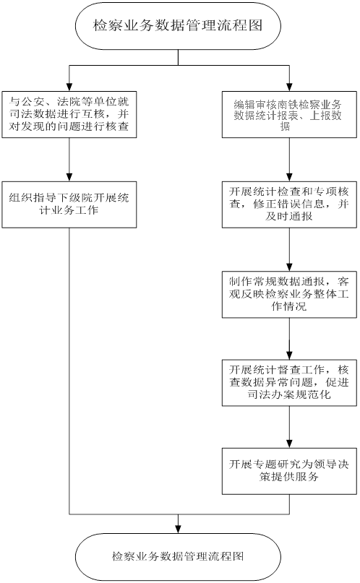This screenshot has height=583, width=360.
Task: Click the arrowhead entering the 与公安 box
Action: click(x=69, y=87)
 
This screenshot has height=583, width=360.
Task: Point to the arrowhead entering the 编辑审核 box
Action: click(x=289, y=87)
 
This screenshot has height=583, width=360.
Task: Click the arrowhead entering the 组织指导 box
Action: click(x=69, y=177)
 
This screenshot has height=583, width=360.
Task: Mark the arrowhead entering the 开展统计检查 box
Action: click(x=289, y=177)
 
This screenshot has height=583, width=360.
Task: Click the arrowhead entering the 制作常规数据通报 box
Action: click(x=289, y=267)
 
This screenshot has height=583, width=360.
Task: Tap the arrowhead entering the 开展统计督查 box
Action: click(x=289, y=355)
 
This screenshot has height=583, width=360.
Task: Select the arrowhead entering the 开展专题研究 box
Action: click(x=289, y=444)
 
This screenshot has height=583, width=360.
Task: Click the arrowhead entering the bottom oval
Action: click(x=178, y=529)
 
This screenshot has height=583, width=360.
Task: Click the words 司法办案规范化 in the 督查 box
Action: click(x=289, y=394)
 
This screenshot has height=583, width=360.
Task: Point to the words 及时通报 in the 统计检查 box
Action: click(x=289, y=217)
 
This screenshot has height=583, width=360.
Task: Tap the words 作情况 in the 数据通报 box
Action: click(x=289, y=306)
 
